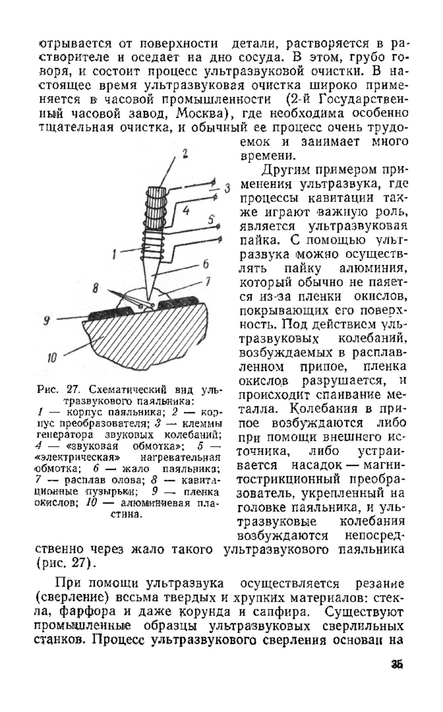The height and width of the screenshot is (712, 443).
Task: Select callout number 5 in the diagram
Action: coord(211,220)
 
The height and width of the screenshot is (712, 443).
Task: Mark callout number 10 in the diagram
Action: coord(52,357)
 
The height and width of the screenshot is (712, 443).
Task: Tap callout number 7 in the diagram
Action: coord(207,282)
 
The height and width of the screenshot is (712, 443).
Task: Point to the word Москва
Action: coord(198,113)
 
